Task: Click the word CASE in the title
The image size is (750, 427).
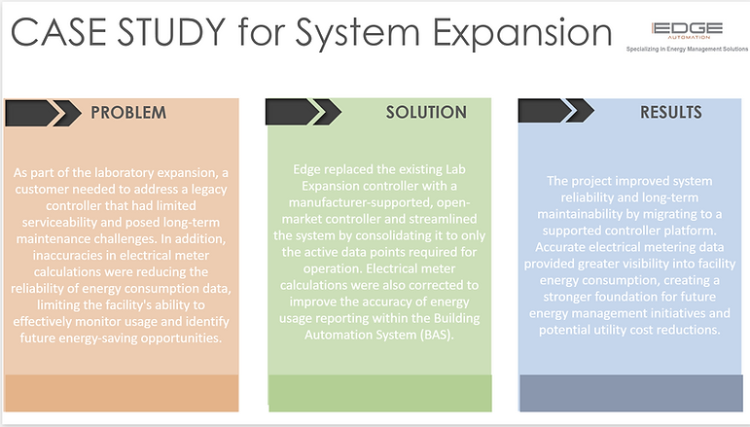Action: [x=58, y=32]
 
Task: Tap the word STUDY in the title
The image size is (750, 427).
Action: [x=171, y=32]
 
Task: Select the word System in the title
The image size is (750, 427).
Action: [x=357, y=34]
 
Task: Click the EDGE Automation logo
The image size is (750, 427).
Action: [x=687, y=30]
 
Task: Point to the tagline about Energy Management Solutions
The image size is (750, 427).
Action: [x=687, y=49]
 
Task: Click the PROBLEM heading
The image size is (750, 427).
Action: [x=128, y=113]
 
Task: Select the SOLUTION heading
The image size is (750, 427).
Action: [x=426, y=112]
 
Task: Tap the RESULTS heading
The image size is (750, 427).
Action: [x=671, y=112]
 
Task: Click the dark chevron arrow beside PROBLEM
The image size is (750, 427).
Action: [x=43, y=114]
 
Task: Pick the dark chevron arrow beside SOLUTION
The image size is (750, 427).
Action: [x=304, y=112]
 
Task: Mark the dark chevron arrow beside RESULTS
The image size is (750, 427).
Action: [x=555, y=111]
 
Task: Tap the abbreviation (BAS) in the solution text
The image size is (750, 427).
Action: [x=437, y=335]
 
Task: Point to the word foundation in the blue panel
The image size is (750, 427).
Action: [x=627, y=297]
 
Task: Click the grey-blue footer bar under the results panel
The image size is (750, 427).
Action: [x=631, y=393]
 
